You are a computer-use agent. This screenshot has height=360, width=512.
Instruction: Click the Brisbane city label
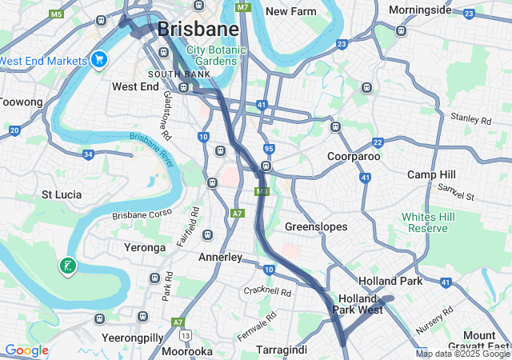coord(198,29)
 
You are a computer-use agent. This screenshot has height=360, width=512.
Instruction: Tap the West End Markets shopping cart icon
coord(99,60)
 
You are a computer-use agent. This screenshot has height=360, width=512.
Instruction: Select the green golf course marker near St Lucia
coord(67,266)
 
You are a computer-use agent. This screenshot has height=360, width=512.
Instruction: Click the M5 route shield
coord(55,14)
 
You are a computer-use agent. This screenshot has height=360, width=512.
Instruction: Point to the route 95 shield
coord(269,149)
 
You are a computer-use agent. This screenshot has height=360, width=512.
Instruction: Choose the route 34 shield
coord(88,154)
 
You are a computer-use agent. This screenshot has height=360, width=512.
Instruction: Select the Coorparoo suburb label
coord(353,156)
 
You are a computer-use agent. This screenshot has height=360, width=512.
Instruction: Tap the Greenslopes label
coord(316,227)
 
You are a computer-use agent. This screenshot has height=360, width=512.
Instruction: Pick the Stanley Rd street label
coord(470,120)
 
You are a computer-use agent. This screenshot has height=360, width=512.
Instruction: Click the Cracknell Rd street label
coord(268,292)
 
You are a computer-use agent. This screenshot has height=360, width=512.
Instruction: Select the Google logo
coord(26,350)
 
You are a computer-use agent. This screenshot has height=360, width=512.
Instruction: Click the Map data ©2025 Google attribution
coord(462,354)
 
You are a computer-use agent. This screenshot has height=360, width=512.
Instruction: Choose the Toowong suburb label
coord(19,102)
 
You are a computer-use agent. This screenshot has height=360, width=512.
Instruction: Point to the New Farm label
coord(291,11)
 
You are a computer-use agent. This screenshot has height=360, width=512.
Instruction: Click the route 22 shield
coord(378,142)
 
